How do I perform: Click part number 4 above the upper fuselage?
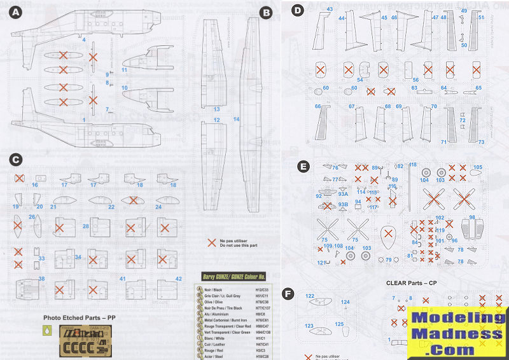tap(84, 39)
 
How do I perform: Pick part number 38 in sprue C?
tap(42, 278)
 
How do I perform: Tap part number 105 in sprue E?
tap(478, 167)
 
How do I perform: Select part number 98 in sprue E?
tap(472, 218)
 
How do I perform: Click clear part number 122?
tap(310, 296)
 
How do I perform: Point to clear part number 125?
tap(340, 324)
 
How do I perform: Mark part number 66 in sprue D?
tap(317, 106)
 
